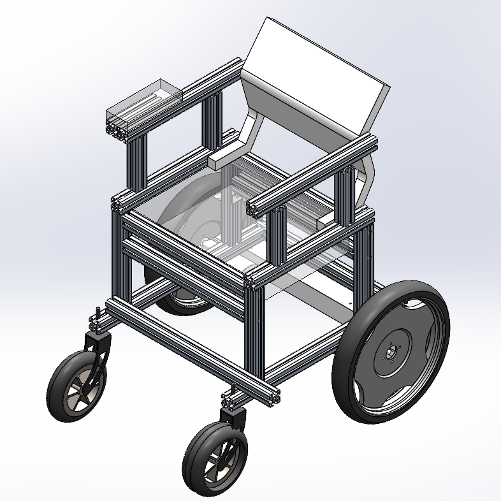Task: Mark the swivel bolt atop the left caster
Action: pyautogui.click(x=96, y=316)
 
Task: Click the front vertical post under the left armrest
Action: pyautogui.click(x=137, y=163)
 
